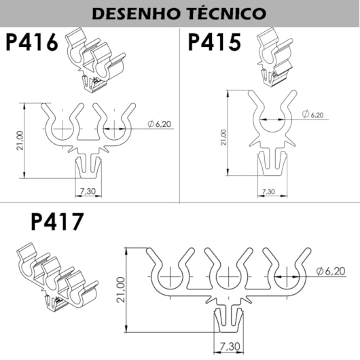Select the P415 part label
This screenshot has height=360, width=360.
[215, 43]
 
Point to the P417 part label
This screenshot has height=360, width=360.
[58, 223]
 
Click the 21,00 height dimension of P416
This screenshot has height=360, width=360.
[20, 141]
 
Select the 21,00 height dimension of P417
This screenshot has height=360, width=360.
[121, 289]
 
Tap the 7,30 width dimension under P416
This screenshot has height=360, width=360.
[88, 192]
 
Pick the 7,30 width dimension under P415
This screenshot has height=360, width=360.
[270, 192]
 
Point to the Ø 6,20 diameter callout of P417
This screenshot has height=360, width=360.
[330, 272]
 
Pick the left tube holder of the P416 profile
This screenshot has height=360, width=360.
[62, 126]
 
